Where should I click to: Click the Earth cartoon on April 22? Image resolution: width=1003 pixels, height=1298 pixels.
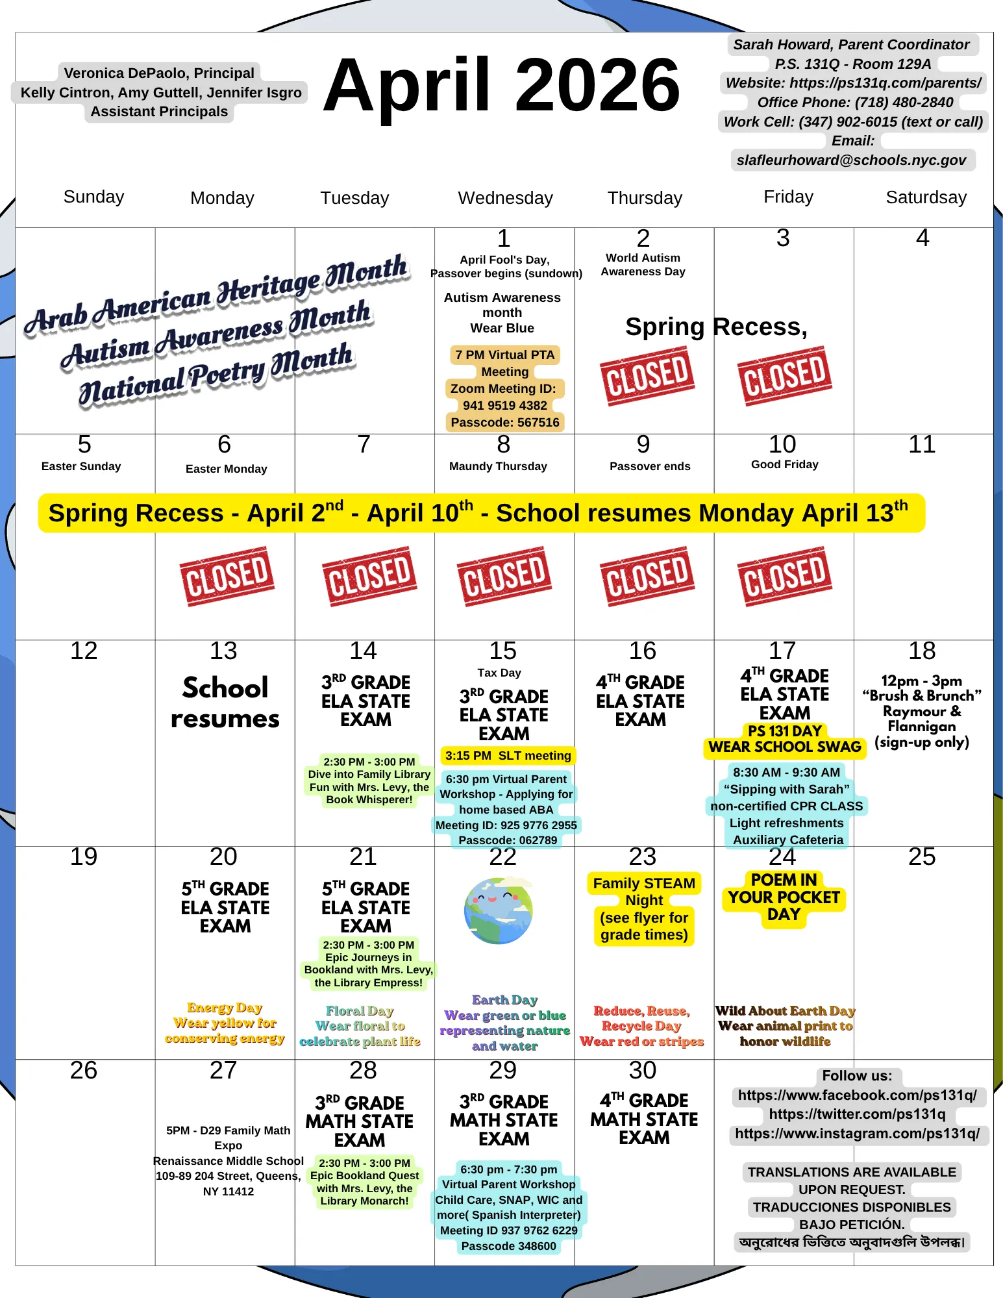[x=499, y=910]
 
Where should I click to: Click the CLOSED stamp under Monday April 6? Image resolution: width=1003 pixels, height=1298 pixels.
[x=227, y=576]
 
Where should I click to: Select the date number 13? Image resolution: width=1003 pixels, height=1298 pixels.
[x=223, y=651]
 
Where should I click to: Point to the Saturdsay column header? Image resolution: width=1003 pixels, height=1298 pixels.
[x=926, y=197]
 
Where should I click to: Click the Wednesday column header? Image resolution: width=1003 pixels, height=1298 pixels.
[x=505, y=198]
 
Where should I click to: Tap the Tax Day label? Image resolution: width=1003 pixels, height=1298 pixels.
[x=499, y=673]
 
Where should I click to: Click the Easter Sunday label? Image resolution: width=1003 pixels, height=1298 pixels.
[x=81, y=466]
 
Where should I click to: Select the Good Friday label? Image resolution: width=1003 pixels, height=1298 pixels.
[x=784, y=464]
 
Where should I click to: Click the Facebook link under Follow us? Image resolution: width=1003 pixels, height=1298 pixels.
[x=857, y=1095]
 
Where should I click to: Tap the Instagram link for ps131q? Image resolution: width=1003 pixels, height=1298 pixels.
[x=857, y=1134]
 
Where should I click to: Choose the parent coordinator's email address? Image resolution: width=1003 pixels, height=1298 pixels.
[x=851, y=160]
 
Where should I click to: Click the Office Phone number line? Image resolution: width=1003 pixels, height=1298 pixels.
[x=854, y=103]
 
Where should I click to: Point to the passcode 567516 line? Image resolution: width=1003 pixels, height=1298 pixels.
[x=504, y=423]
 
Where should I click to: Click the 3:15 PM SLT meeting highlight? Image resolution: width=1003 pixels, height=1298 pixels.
[x=508, y=756]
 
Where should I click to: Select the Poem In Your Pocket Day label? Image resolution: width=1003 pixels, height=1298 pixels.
[x=784, y=897]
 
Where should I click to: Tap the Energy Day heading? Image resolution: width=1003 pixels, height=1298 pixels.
[x=225, y=1008]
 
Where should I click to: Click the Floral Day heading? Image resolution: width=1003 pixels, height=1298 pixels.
[x=360, y=1011]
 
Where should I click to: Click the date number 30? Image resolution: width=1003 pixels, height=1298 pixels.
[x=642, y=1071]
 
